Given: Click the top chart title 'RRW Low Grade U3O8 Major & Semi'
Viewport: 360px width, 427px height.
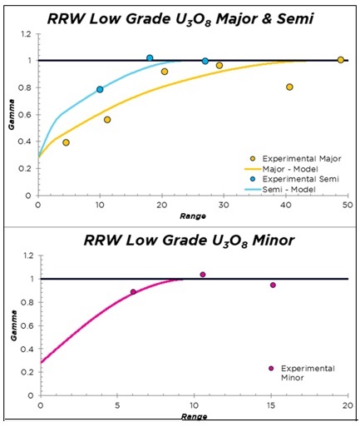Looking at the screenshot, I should coord(184,17).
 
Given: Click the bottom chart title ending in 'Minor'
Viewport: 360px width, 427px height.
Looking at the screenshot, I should coord(184,241).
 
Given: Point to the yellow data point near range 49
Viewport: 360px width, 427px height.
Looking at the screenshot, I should coord(341,60).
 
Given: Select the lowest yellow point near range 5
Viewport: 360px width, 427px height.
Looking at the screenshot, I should coord(66,142).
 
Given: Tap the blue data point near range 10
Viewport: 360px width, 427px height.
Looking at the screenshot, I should coord(100,89).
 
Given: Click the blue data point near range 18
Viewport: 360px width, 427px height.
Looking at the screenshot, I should coord(150,58).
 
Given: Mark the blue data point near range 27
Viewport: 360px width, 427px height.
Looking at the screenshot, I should coord(205,61).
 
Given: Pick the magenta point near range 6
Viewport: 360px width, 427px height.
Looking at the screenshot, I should coord(133,292).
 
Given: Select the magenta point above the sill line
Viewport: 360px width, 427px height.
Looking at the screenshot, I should coord(202,275).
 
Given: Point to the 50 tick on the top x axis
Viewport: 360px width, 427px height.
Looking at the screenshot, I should coord(347,206).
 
